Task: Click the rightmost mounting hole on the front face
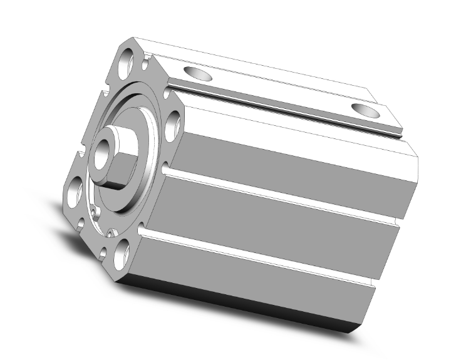click(176, 125)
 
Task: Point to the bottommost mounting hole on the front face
click(123, 251)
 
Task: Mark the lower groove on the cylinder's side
click(263, 257)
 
